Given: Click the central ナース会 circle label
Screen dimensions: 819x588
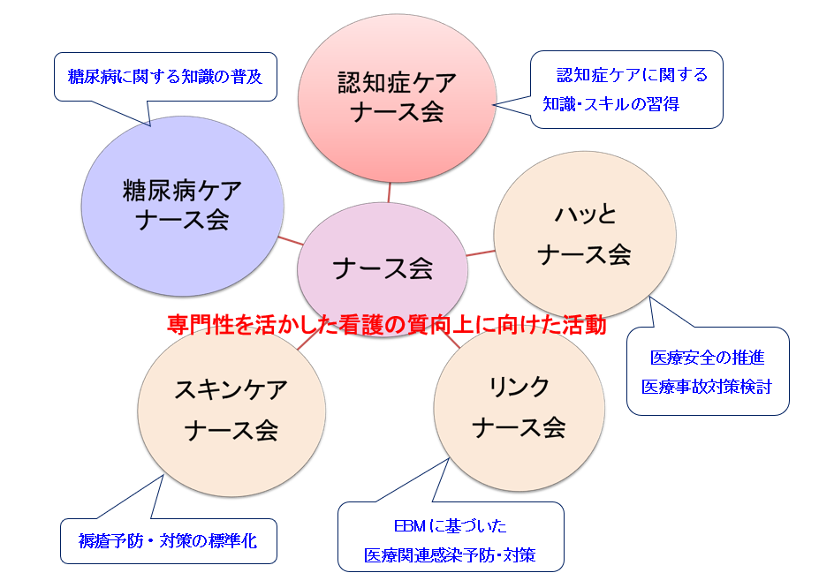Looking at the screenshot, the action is tap(383, 268).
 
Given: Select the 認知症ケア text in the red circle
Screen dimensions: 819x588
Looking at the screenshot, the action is tap(398, 82).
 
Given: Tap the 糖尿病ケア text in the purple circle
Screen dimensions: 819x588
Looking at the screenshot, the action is tap(182, 191).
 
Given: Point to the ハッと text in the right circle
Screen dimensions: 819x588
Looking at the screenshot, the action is tap(586, 214).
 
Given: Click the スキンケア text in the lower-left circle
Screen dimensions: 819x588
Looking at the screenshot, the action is tap(231, 389).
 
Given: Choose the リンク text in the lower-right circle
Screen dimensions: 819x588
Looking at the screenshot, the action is tap(519, 387).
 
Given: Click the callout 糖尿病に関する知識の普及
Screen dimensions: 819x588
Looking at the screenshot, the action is tap(165, 77).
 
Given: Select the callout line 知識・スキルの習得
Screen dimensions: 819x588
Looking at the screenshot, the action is tap(610, 104).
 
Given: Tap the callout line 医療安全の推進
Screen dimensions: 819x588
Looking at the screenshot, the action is tap(707, 358).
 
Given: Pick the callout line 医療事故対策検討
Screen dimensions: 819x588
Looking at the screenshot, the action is tap(706, 387).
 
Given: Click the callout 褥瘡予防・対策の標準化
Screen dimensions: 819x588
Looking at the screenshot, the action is tap(168, 541).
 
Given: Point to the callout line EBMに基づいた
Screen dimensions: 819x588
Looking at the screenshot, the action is tap(451, 526).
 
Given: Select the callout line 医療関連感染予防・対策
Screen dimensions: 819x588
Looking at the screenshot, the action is tap(450, 555).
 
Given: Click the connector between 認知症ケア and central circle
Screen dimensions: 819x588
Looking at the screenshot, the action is tap(389, 192).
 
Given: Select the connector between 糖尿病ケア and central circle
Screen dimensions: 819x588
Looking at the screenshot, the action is tap(291, 240).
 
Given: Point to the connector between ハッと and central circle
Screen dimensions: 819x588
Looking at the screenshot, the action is tap(481, 253).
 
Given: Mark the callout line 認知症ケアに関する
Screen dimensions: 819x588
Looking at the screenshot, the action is tap(632, 75).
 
